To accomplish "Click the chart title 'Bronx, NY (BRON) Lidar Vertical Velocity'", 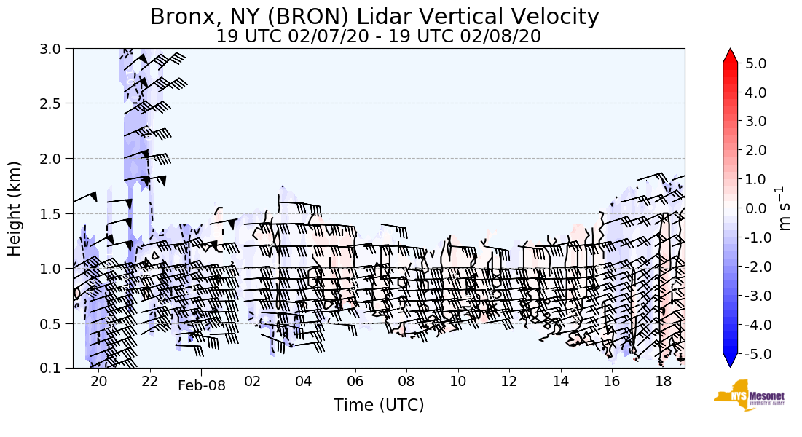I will pyautogui.click(x=374, y=17).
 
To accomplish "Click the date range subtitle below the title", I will pyautogui.click(x=378, y=36).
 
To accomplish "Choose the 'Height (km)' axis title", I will pyautogui.click(x=15, y=208).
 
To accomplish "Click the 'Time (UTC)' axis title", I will pyautogui.click(x=378, y=405).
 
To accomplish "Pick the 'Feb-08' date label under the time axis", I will pyautogui.click(x=202, y=386).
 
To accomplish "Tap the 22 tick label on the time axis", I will pyautogui.click(x=149, y=382).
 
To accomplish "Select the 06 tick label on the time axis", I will pyautogui.click(x=355, y=382).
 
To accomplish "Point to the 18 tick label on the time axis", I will pyautogui.click(x=663, y=382).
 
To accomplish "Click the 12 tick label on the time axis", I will pyautogui.click(x=509, y=382).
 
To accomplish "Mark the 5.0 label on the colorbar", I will pyautogui.click(x=755, y=63).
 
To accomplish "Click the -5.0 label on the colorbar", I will pyautogui.click(x=753, y=354).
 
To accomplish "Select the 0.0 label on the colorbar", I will pyautogui.click(x=755, y=209).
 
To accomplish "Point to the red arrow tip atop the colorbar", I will pyautogui.click(x=731, y=55).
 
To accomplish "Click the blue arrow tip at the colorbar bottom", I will pyautogui.click(x=731, y=361).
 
